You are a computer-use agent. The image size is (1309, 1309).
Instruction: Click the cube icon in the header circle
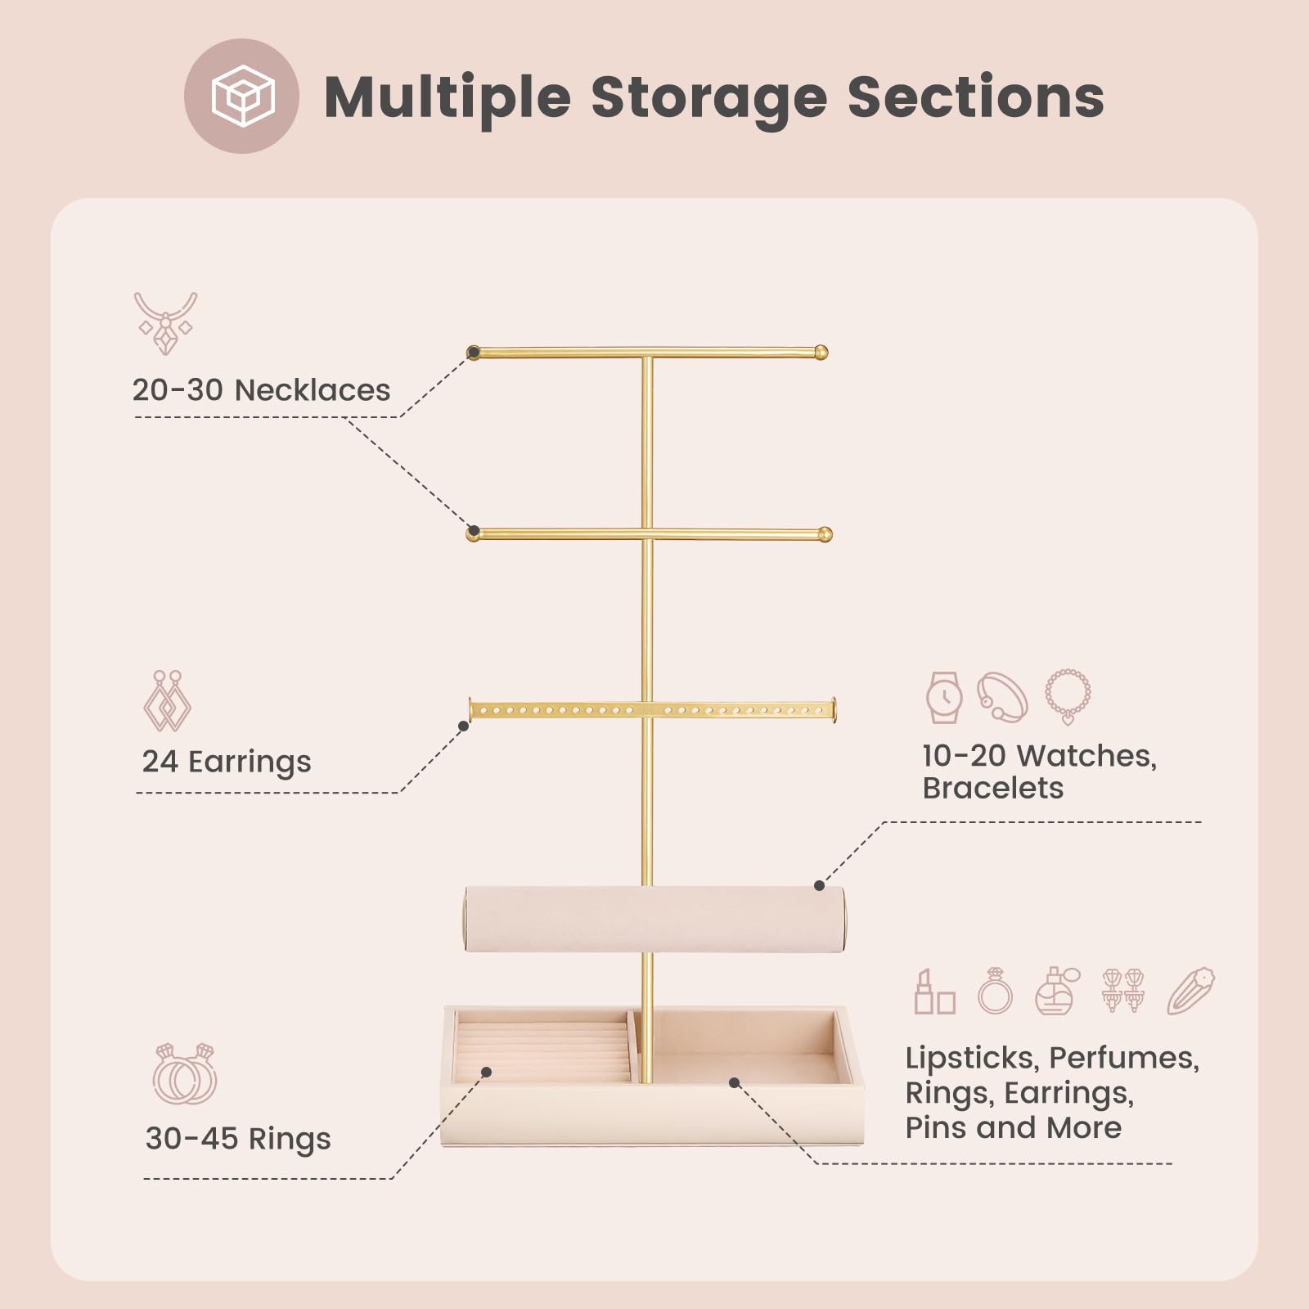click(243, 96)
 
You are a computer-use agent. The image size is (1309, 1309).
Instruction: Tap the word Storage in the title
click(708, 97)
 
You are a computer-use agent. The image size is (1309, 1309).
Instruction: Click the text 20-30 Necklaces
click(261, 390)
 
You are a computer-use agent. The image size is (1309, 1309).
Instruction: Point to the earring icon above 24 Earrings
click(167, 701)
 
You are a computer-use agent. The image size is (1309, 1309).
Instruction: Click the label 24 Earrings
click(227, 762)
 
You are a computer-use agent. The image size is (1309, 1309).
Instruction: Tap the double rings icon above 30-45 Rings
click(184, 1073)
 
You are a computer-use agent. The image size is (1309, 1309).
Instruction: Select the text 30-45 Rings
click(238, 1139)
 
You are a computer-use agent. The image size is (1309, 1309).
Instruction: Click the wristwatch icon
click(944, 697)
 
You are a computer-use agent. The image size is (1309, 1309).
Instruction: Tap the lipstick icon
click(934, 992)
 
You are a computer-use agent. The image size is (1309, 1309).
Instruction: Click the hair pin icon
click(1190, 991)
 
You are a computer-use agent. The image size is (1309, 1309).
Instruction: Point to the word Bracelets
click(993, 788)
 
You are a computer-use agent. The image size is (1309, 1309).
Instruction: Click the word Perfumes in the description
click(1124, 1058)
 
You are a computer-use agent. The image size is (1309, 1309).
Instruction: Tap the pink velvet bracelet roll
click(655, 919)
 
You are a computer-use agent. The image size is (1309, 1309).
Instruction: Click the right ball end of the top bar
click(821, 353)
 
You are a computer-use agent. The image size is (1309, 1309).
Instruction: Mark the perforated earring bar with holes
click(652, 710)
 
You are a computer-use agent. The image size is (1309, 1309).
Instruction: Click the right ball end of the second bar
click(825, 534)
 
